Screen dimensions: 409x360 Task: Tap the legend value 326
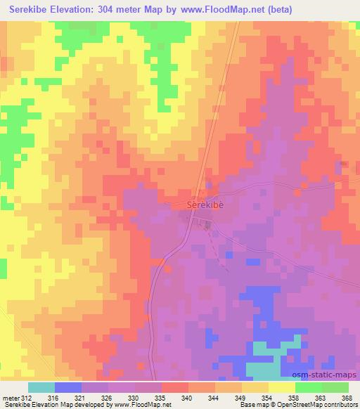coord(107,397)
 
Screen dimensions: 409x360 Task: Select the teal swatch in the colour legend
coord(41,387)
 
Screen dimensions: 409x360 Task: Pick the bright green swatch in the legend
coord(308,387)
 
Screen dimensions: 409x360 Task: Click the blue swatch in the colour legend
coord(68,387)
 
